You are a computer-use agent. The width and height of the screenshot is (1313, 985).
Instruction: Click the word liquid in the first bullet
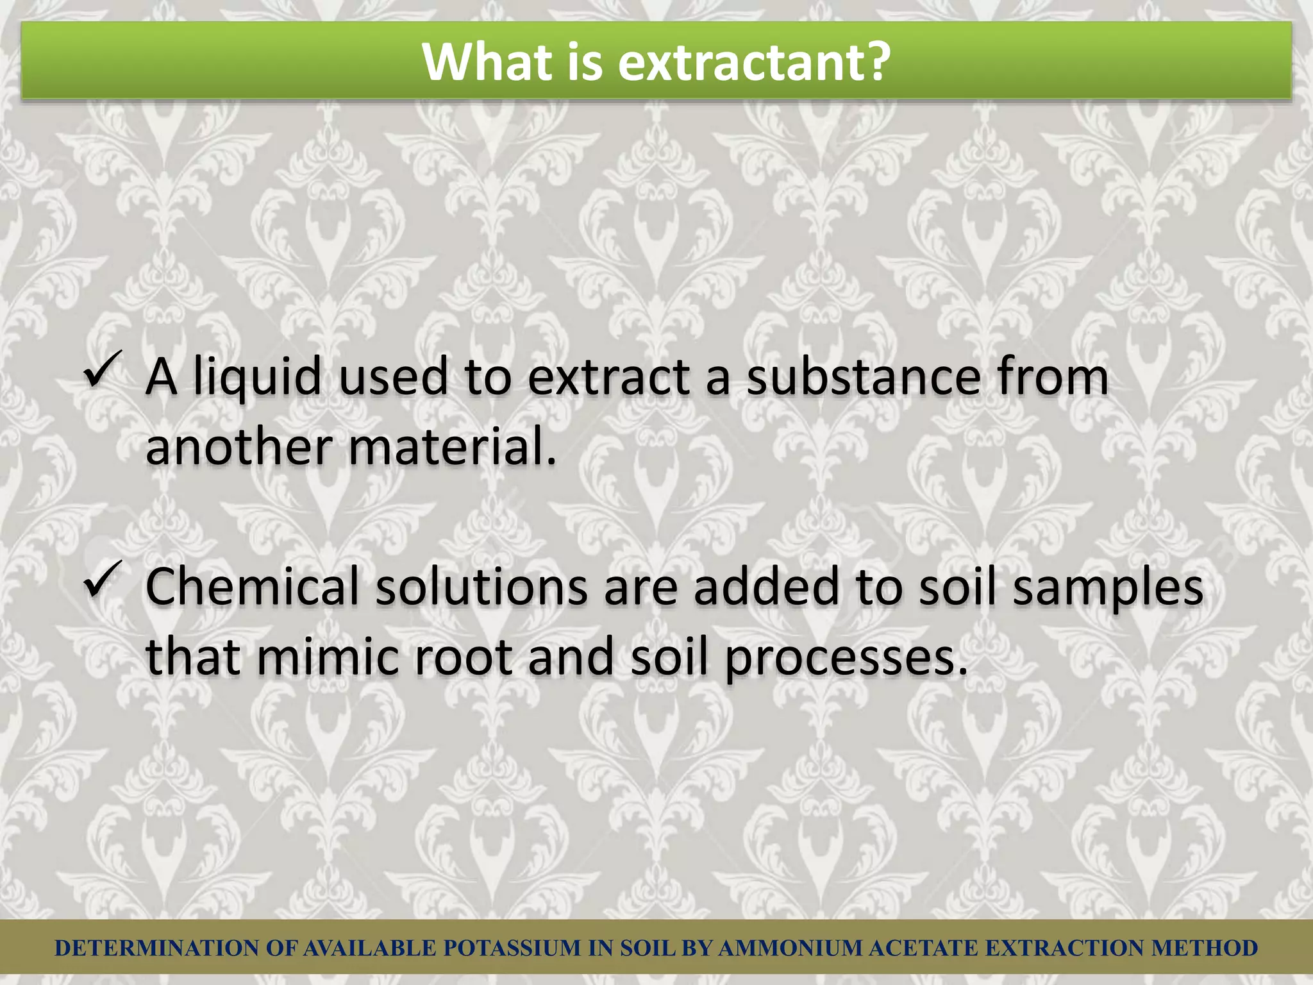[x=257, y=378]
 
